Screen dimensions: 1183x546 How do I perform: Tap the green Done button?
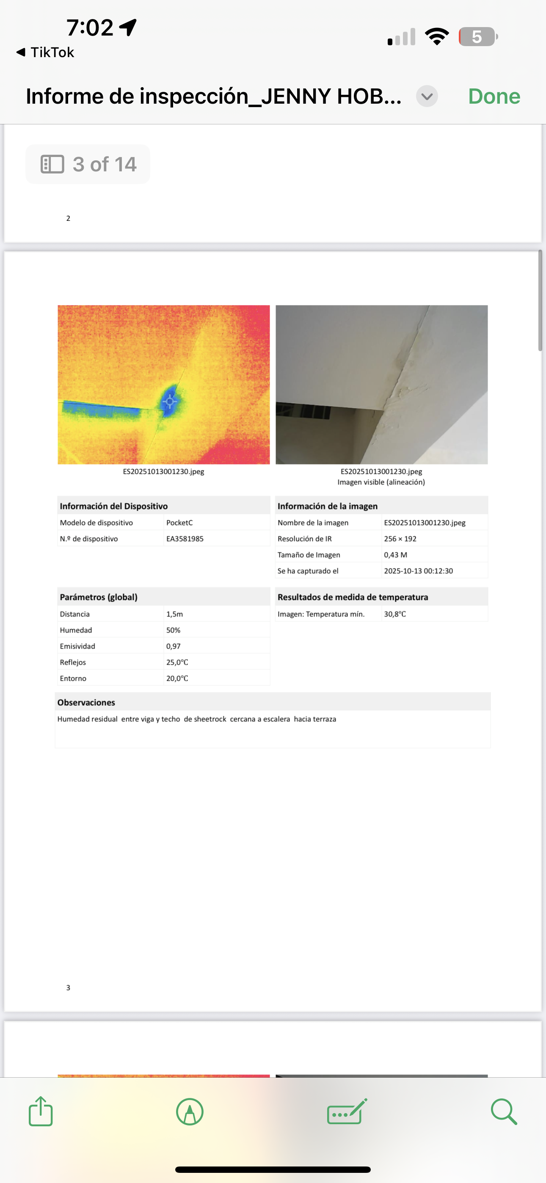(x=494, y=96)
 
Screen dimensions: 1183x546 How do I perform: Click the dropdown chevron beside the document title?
(x=427, y=96)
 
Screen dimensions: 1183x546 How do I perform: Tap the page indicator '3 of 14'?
(x=88, y=165)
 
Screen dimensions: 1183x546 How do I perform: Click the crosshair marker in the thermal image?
(x=170, y=402)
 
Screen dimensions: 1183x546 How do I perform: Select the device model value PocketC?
(x=179, y=523)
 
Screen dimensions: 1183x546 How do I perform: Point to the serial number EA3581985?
(x=185, y=539)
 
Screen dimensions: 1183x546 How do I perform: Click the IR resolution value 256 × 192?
(x=400, y=539)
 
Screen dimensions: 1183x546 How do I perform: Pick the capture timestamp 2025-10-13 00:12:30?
(x=418, y=571)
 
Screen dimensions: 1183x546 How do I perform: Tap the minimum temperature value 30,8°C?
(x=395, y=614)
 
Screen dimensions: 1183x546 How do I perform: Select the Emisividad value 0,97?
(x=173, y=646)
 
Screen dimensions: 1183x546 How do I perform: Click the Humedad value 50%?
(x=173, y=630)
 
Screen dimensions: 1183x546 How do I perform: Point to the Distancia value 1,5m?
(x=175, y=614)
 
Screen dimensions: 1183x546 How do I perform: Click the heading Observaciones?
(x=86, y=703)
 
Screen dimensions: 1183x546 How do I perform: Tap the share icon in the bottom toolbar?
(x=41, y=1111)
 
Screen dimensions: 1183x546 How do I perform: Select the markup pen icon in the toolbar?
(x=190, y=1112)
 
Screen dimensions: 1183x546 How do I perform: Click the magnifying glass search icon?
(x=504, y=1112)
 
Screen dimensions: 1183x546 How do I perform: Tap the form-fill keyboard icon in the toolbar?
(x=347, y=1112)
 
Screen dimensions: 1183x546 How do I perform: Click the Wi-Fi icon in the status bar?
(x=437, y=37)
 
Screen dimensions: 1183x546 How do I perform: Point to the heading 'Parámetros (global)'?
(x=98, y=597)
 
